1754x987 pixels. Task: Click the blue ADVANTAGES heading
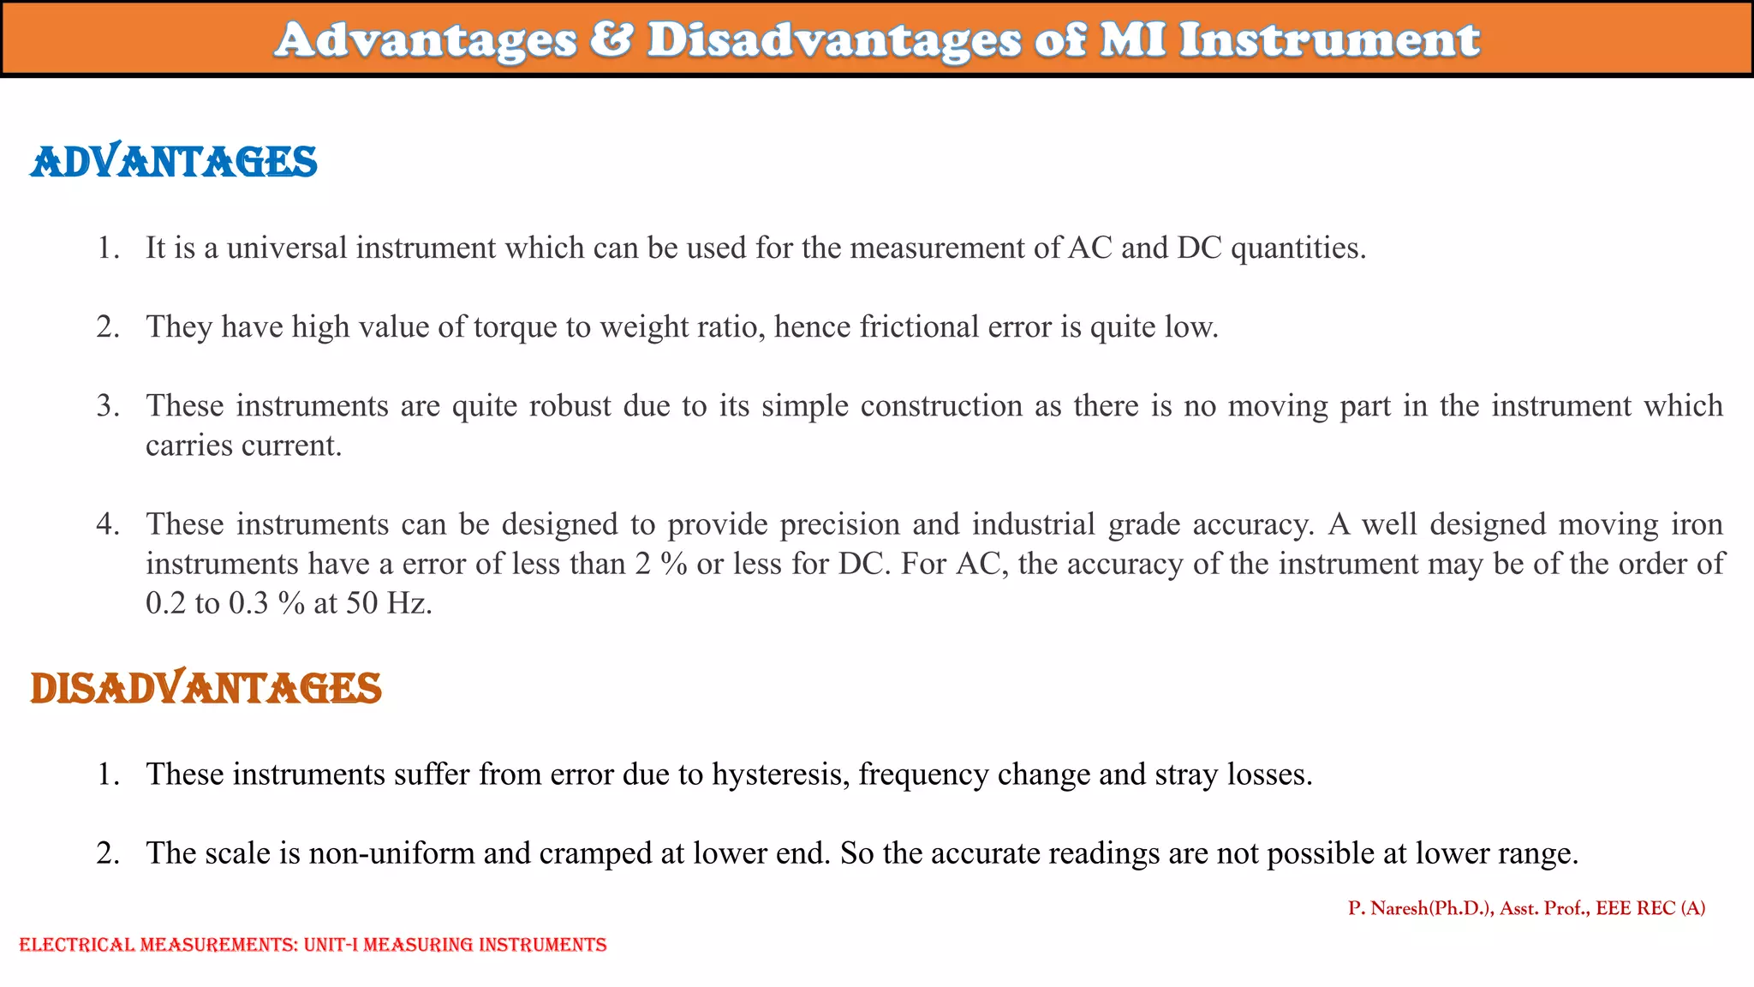coord(174,162)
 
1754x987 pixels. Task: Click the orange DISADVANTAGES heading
coord(206,688)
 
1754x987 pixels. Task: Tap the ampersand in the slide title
coord(612,39)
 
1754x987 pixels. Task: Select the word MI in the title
coord(1132,39)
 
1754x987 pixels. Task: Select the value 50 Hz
coord(389,603)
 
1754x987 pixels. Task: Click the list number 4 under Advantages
coord(107,524)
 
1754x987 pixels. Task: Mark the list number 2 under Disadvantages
coord(107,853)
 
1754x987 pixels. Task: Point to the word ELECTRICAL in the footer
coord(77,945)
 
